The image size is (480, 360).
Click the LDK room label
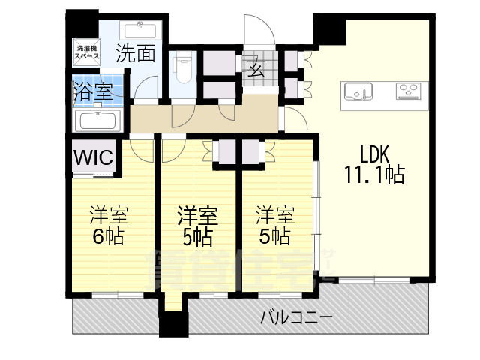373,154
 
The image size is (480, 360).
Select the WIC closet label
94,158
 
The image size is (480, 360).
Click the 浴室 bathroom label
92,92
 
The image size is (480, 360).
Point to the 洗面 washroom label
136,54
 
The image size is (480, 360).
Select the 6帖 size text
109,236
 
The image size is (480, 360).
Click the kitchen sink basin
358,92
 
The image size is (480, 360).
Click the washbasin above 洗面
140,31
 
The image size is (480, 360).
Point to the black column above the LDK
328,29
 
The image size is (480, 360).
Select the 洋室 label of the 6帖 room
109,216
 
